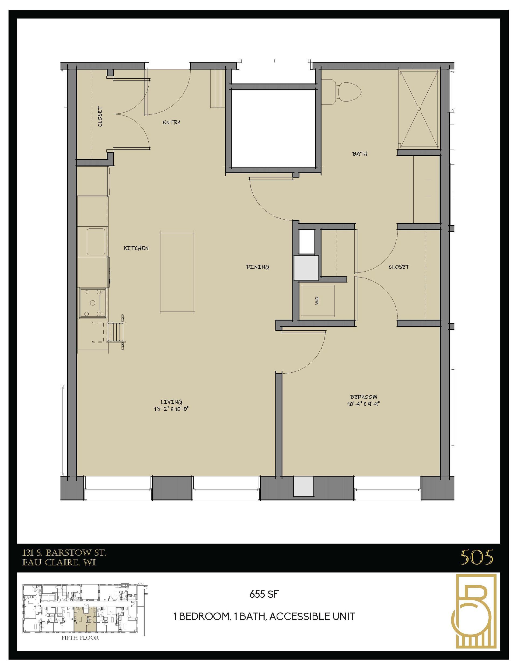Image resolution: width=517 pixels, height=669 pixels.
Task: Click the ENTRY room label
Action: pos(171,122)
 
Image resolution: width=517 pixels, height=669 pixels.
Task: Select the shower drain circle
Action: pos(419,109)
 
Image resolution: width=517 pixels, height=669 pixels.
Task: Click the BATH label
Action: pos(360,154)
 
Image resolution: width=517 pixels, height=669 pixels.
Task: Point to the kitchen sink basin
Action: pos(96,242)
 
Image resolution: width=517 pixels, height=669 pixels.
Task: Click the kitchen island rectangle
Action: pos(177,273)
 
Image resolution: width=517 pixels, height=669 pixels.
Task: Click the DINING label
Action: pos(258,267)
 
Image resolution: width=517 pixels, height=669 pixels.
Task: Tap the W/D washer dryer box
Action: pos(317,301)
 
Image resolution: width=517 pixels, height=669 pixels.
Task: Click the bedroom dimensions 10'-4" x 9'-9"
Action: pos(364,404)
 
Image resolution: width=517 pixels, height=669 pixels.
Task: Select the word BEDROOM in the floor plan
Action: pos(364,397)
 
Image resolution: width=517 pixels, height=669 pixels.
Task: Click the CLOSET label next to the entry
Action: pos(100,117)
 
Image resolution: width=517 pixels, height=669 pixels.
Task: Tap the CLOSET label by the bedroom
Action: pos(399,267)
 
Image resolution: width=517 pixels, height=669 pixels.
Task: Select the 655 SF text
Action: pos(264,594)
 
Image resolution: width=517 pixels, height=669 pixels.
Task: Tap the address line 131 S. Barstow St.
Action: pos(65,553)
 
